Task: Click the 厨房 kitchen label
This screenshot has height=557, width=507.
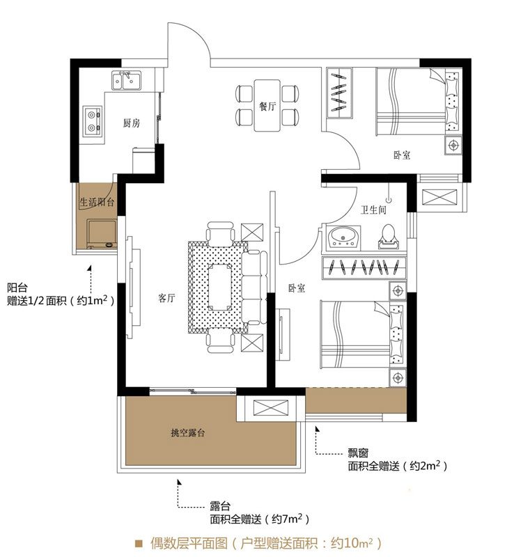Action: tap(132, 123)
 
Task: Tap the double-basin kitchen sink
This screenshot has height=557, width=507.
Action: tap(126, 81)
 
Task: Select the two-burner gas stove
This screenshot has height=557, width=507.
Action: tap(93, 120)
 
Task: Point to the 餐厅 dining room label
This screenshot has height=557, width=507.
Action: tap(267, 106)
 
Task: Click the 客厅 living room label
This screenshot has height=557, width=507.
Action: tap(166, 298)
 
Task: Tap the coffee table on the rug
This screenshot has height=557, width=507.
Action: tap(219, 287)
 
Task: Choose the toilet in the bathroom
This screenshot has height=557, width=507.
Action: tap(388, 237)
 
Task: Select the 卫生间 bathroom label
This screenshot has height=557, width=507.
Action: tap(373, 210)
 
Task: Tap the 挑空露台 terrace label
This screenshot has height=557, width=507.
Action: tap(187, 432)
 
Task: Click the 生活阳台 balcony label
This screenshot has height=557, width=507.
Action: tap(97, 203)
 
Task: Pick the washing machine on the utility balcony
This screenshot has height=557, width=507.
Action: tap(102, 234)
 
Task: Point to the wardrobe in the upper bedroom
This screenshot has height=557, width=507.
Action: tap(339, 93)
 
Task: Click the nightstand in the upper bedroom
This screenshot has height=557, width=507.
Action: tap(453, 145)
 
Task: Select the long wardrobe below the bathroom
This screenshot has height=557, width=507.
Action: tap(364, 267)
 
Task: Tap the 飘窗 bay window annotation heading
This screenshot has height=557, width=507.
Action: tap(358, 453)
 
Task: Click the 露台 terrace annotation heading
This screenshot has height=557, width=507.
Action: tap(220, 506)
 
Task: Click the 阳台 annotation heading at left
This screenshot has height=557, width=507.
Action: tap(17, 288)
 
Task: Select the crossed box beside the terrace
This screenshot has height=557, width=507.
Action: tap(271, 407)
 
